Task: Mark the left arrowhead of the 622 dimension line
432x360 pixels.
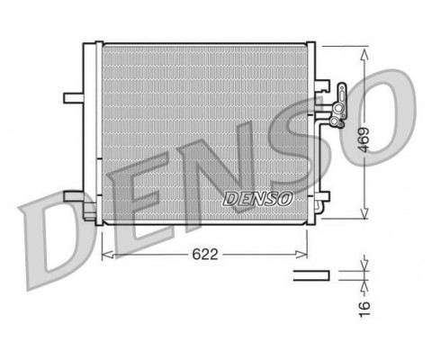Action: click(x=104, y=254)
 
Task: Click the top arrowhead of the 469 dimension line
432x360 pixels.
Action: click(x=364, y=50)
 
